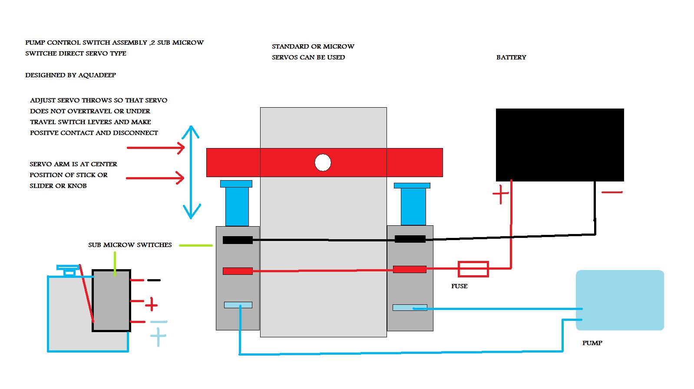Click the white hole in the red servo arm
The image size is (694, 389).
[323, 163]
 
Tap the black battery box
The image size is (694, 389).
[560, 145]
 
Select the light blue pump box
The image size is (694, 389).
[620, 300]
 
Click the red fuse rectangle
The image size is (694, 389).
[473, 269]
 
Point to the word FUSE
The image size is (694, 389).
[459, 286]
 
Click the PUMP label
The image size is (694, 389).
[592, 343]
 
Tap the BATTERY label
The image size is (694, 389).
[511, 57]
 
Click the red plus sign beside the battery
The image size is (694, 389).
[500, 194]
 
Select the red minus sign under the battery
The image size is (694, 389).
[612, 192]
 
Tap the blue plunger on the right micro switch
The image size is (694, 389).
[413, 204]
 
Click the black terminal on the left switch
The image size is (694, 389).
[238, 240]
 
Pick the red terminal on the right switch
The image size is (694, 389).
[410, 269]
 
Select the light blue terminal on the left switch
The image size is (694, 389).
[238, 305]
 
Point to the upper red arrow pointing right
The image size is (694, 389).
[156, 148]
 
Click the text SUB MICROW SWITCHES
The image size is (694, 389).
[130, 245]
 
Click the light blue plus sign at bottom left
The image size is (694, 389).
[158, 336]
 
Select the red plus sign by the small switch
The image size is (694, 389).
[151, 305]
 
